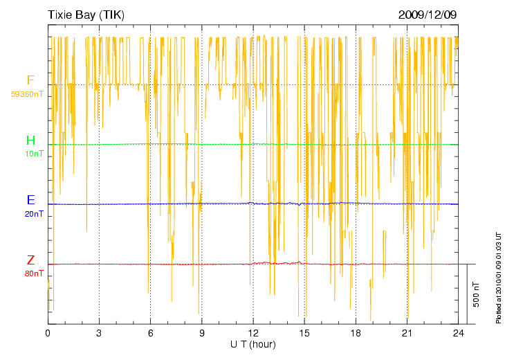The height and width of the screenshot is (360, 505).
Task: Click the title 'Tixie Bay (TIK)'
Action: point(85,15)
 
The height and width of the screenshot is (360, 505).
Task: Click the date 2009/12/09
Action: point(428,15)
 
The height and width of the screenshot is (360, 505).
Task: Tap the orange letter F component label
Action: point(30,80)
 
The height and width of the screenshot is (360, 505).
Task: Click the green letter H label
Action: point(31,141)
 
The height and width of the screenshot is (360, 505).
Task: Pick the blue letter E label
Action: point(31,200)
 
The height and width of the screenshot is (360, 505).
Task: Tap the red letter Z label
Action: point(30,260)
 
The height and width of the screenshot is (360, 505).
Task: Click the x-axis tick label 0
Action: point(48,334)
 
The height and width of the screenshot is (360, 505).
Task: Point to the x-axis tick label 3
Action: point(99,334)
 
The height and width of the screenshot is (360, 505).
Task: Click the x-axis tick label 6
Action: point(150,334)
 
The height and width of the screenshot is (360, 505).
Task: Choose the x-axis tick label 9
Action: point(202,334)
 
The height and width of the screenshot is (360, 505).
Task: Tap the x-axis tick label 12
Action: point(253,334)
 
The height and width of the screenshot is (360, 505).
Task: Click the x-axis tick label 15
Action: point(304,334)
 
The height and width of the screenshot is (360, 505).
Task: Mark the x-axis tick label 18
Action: point(356,334)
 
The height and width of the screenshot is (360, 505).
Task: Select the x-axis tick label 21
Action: point(407,334)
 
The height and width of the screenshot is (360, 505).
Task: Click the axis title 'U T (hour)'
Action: point(253,344)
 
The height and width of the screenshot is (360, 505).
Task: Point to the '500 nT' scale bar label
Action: point(476,294)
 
